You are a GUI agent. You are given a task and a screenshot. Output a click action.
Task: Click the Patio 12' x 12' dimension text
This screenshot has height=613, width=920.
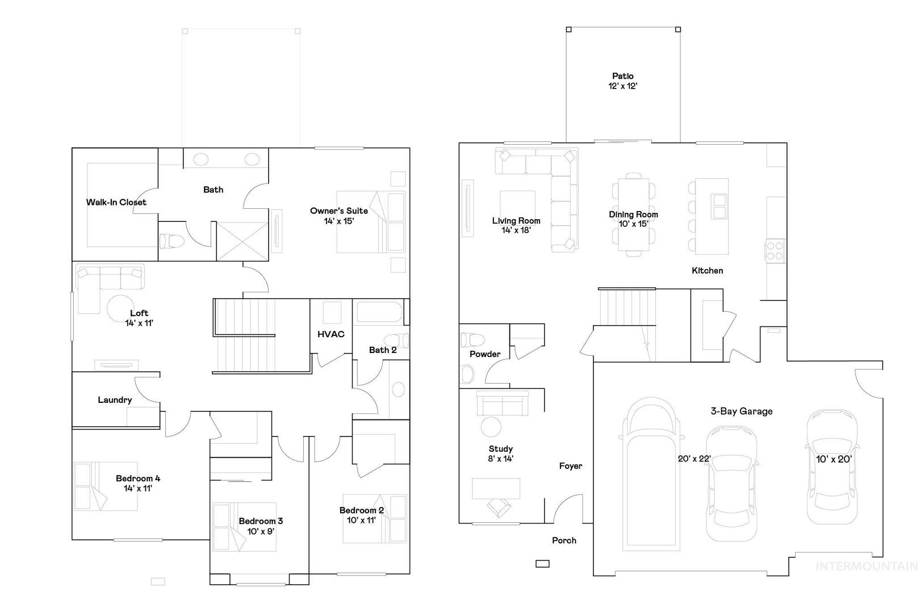[x=622, y=86]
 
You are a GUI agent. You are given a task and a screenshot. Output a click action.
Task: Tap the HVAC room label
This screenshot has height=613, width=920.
[x=331, y=334]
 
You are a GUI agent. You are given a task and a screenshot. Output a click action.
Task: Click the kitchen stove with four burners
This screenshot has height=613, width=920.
[x=775, y=251]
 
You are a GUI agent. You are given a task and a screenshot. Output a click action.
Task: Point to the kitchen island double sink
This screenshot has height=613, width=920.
[x=719, y=207]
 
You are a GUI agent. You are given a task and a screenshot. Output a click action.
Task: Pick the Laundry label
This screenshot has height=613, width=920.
[x=115, y=400]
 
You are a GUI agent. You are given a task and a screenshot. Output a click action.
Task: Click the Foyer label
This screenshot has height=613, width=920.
[x=571, y=465]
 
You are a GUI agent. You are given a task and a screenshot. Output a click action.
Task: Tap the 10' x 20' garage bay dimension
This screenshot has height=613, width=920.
[x=834, y=459]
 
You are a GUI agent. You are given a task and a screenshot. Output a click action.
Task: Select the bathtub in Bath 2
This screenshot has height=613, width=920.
[x=379, y=312]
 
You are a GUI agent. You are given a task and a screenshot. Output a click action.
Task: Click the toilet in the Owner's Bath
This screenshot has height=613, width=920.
[x=172, y=241]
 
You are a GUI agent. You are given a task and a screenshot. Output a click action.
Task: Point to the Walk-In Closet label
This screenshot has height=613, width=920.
[x=116, y=202]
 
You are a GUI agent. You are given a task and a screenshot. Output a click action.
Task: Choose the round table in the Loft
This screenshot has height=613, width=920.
[x=120, y=308]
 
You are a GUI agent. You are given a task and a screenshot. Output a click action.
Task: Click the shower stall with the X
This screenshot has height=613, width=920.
[x=242, y=241]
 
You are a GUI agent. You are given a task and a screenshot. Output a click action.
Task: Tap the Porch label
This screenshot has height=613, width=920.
[x=564, y=540]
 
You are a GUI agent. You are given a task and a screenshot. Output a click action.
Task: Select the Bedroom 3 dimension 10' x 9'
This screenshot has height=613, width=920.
[x=261, y=531]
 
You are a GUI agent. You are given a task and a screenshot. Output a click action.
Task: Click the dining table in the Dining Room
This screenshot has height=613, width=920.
[x=634, y=215]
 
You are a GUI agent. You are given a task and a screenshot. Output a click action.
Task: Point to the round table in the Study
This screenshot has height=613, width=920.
[x=491, y=427]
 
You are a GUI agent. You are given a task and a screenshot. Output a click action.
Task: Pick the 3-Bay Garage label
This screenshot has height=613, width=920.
[x=741, y=411]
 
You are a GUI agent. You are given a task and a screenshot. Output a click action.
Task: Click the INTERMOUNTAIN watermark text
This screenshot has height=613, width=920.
[x=867, y=566]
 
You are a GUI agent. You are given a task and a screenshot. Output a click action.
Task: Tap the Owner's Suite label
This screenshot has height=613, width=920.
[x=339, y=211]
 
